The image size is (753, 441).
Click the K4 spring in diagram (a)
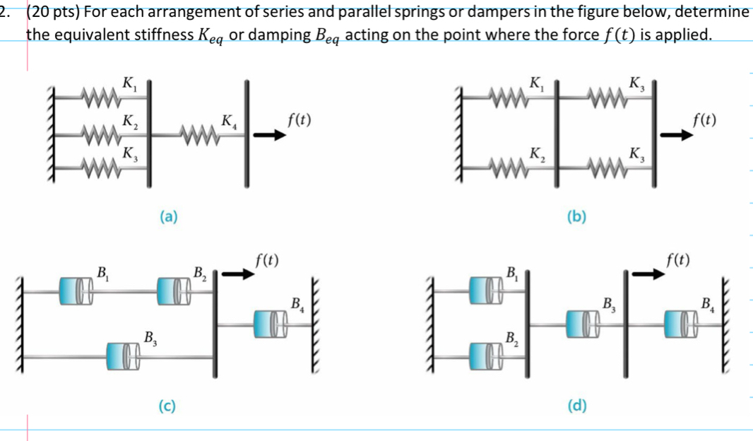click(x=198, y=130)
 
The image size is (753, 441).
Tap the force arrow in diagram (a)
click(x=271, y=136)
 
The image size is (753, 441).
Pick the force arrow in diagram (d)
click(x=648, y=275)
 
